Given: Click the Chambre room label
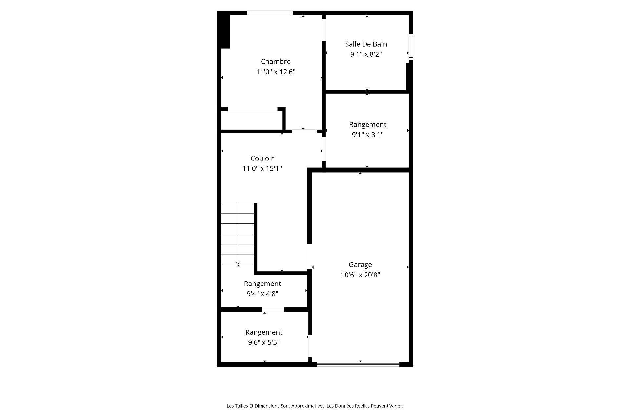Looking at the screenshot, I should coord(276,61).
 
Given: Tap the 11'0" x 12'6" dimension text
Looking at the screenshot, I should coord(276,72).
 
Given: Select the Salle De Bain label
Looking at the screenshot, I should coord(366,44).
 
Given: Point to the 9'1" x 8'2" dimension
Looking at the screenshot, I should coord(366,54).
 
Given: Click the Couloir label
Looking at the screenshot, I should coord(262,158).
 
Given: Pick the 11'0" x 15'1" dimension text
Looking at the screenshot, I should coord(262,169).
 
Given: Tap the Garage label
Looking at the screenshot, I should coord(360,264).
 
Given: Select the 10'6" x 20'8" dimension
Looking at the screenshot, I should coord(360,275).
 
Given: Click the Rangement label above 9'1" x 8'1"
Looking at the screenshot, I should coord(367,124).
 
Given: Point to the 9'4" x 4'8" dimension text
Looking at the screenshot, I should coord(262,294).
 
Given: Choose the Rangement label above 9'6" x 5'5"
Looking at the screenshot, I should coord(264,332).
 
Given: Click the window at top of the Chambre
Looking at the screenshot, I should coord(270,13).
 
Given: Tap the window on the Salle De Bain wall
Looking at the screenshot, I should coord(410,47).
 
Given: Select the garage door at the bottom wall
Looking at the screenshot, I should coord(358,364).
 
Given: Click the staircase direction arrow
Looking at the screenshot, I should coord(238,263).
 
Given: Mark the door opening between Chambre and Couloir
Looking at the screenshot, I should coord(304,131).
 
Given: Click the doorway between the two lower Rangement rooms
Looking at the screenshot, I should coord(273,310).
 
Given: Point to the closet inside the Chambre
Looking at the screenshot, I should coord(251,120).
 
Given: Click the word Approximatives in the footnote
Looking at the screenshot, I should coord(308,406).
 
